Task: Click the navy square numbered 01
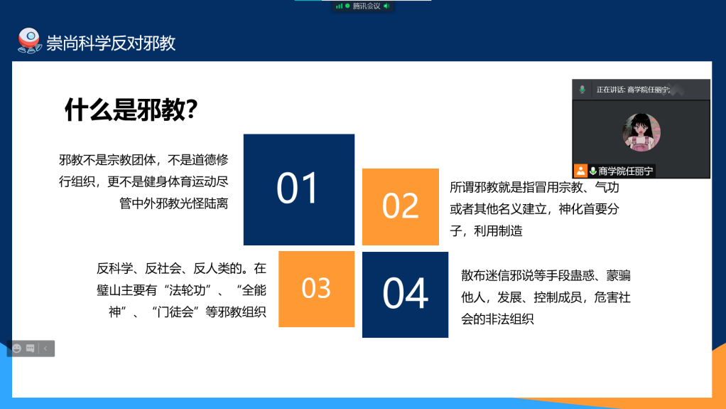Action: point(299,190)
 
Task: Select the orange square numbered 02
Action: point(401,207)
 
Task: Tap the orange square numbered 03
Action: point(317,290)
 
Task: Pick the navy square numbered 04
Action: point(405,295)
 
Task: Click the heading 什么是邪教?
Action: point(131,110)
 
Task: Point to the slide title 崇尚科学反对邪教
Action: point(111,43)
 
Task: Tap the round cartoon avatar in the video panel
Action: point(641,132)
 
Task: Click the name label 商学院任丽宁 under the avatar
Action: point(626,171)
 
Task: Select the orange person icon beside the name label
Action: point(580,171)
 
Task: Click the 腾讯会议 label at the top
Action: point(367,6)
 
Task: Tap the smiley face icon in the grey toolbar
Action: point(17,349)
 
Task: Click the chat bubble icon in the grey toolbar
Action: point(31,349)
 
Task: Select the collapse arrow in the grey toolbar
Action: point(45,349)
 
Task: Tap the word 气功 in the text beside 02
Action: point(607,187)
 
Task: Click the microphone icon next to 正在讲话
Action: point(583,90)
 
